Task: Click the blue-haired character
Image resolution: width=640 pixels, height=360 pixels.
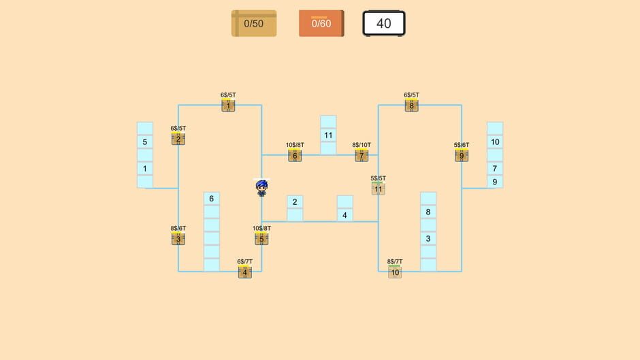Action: pos(261,188)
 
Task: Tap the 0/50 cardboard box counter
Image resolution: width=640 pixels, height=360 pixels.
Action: pos(254,23)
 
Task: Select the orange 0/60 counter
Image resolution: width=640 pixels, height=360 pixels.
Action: pos(321,23)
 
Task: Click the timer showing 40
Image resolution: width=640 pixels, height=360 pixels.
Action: pos(384,23)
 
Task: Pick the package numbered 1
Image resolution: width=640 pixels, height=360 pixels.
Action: pos(228,105)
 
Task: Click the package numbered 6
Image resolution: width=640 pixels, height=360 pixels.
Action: pos(295,156)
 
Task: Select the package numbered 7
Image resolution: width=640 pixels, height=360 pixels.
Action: pos(362,156)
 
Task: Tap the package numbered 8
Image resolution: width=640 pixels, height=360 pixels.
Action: pos(411,105)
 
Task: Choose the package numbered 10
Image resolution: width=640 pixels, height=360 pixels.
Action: pos(395,272)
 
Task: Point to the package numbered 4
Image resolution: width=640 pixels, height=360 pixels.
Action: pos(245,272)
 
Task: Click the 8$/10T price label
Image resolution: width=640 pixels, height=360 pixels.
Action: pos(362,145)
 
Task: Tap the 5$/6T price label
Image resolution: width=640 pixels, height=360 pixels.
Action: pos(462,145)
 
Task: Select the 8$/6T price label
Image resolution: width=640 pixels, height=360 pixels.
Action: pos(178,228)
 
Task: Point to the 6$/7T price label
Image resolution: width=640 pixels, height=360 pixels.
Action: pos(245,261)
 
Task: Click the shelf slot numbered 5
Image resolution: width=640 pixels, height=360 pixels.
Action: pos(145,142)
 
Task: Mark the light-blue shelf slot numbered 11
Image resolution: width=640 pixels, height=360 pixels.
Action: pos(328,135)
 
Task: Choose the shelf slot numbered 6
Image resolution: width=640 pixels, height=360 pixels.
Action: pos(212,199)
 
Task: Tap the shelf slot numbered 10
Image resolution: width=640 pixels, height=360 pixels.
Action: pos(495,142)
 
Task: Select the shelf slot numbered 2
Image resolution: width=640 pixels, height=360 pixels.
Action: pos(295,202)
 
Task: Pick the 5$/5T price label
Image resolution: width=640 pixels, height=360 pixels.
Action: pos(379,178)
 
